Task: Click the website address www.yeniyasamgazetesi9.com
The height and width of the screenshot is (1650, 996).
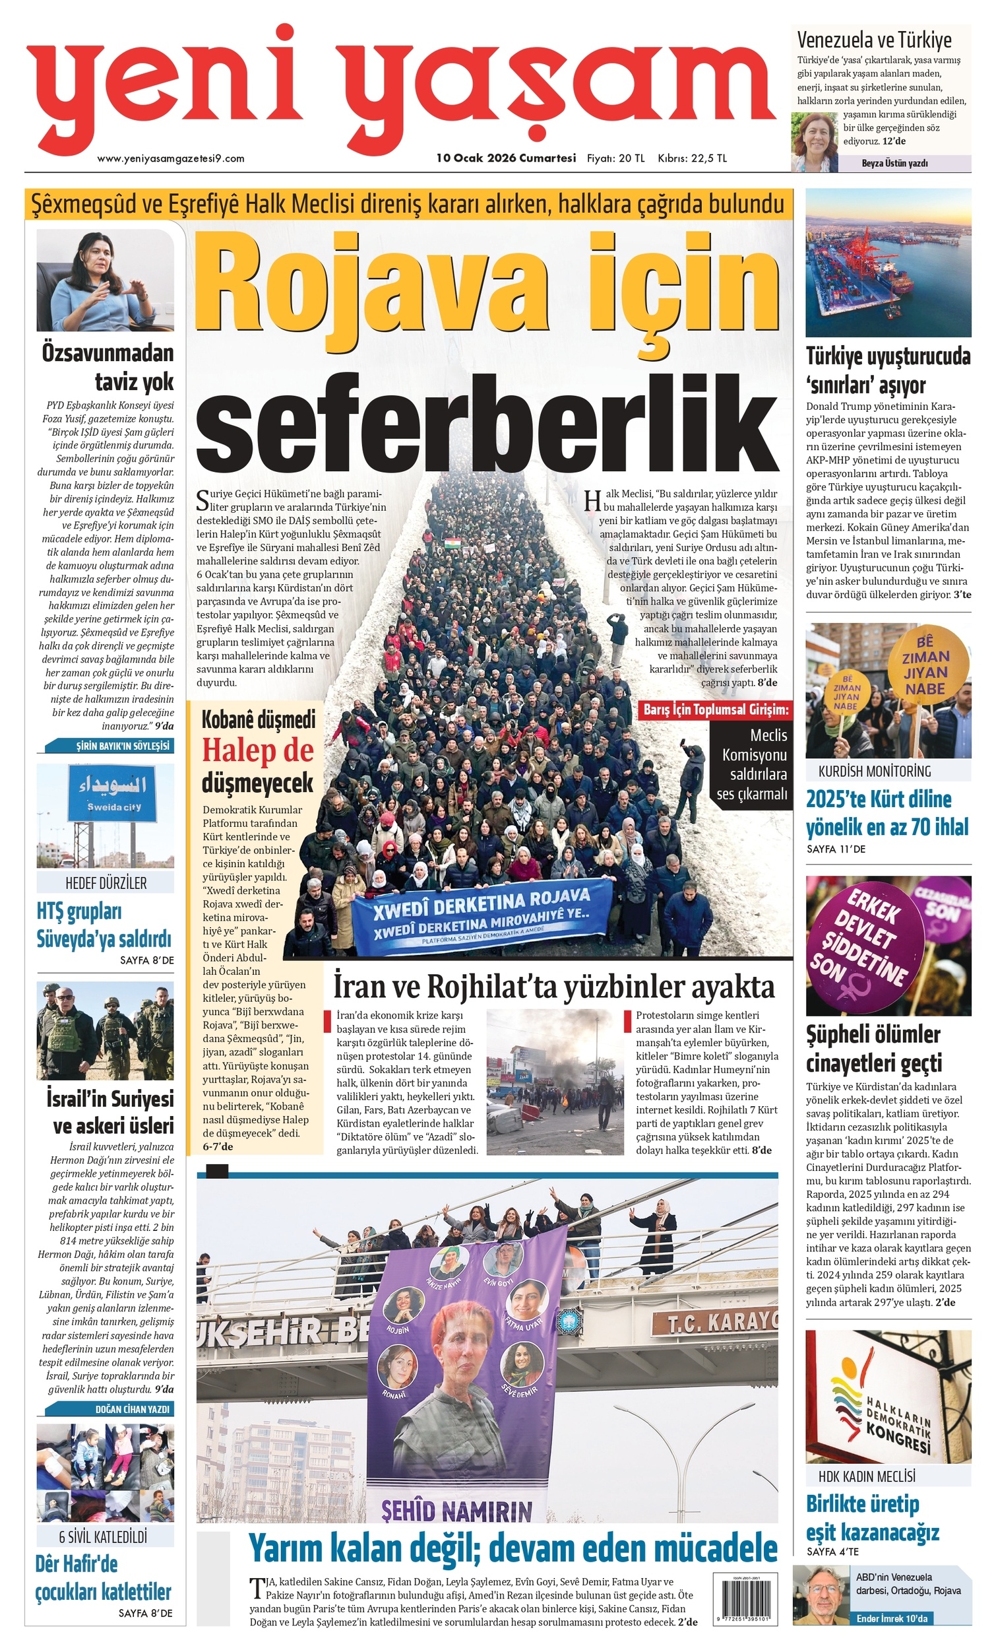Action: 171,158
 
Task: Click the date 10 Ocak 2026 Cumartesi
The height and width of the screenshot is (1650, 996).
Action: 506,158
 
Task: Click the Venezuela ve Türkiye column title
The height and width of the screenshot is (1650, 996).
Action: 873,40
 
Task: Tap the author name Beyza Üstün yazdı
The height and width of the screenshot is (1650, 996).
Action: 894,164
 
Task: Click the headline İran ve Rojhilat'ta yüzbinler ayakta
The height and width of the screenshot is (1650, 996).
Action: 553,987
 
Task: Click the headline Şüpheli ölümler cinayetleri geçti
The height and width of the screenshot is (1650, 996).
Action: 873,1049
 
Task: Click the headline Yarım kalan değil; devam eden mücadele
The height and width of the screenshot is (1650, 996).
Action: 513,1550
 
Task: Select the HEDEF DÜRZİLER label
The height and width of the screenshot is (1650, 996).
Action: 106,883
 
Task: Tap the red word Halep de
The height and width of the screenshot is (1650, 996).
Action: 258,750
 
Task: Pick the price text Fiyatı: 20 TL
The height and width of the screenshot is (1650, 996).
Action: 615,158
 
